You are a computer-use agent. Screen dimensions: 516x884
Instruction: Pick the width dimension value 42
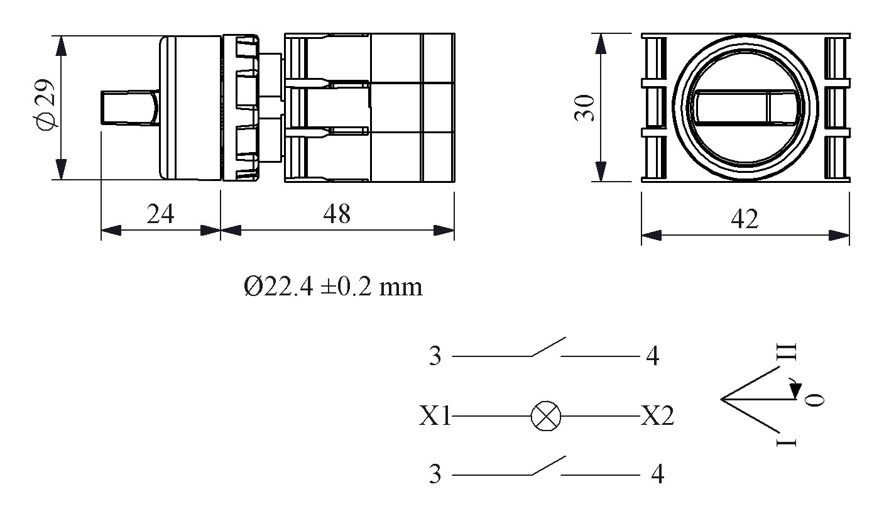coord(745,219)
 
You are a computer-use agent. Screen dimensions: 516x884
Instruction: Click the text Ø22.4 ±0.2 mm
coord(333,287)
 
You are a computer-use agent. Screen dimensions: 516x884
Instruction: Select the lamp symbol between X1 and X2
coord(545,417)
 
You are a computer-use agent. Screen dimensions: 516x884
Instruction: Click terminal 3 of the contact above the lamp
coord(435,356)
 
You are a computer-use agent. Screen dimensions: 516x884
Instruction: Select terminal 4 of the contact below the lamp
coord(657,475)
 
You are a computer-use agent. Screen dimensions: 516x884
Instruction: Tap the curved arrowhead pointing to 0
coord(795,390)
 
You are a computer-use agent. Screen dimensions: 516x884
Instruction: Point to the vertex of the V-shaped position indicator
coord(723,398)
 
